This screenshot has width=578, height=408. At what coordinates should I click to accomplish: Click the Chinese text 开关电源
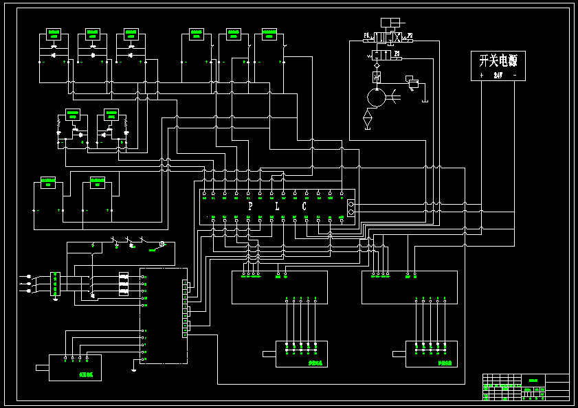(x=498, y=60)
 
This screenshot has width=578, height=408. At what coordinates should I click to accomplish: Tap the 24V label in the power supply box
(x=498, y=75)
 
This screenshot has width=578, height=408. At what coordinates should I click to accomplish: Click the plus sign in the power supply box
(x=482, y=75)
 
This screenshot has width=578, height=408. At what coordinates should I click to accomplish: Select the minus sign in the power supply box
(x=515, y=75)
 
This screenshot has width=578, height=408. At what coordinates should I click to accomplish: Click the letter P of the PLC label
(x=250, y=206)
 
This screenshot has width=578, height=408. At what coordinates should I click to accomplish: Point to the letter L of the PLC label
(x=277, y=206)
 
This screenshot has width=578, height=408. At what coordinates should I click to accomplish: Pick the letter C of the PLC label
(x=304, y=206)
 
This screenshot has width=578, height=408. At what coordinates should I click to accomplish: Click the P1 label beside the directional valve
(x=366, y=34)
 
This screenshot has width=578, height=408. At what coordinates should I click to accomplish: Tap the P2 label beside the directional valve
(x=410, y=34)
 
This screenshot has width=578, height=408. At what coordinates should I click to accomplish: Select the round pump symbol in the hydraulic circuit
(x=377, y=98)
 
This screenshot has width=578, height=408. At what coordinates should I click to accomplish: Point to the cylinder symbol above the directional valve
(x=390, y=23)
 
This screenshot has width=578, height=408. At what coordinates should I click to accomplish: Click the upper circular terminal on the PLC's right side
(x=351, y=204)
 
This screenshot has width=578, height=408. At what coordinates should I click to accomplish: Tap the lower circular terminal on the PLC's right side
(x=351, y=212)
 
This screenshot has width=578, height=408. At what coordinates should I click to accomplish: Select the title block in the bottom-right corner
(x=526, y=387)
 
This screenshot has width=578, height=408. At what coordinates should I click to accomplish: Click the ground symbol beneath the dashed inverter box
(x=133, y=369)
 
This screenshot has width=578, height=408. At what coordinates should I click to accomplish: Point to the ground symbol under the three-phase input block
(x=56, y=298)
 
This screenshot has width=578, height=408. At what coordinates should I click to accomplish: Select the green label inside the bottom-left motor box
(x=86, y=375)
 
